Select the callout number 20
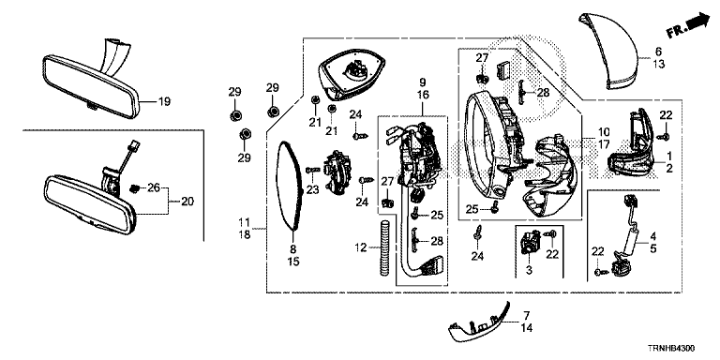click(x=187, y=202)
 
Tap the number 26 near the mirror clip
click(x=154, y=187)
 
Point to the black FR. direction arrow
click(x=698, y=22)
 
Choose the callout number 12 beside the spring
click(x=361, y=247)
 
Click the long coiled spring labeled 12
click(x=384, y=247)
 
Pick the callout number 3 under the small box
click(x=529, y=270)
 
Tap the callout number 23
click(x=313, y=189)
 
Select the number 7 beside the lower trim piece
click(x=527, y=315)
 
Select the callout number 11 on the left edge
click(x=245, y=223)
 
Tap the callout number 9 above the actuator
click(x=423, y=82)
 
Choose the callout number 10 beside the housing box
click(x=604, y=132)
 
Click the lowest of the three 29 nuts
click(x=245, y=135)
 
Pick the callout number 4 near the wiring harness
click(x=653, y=237)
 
